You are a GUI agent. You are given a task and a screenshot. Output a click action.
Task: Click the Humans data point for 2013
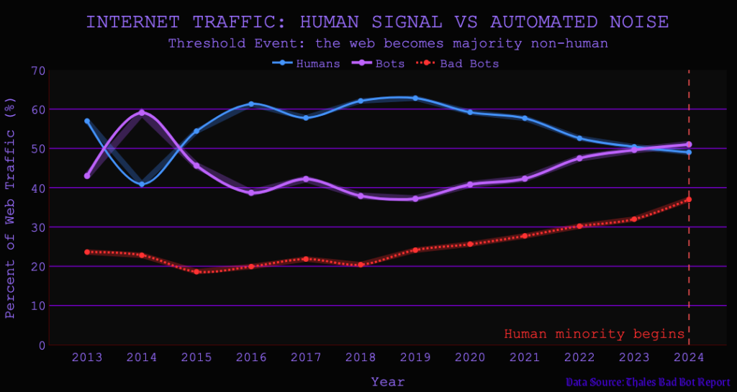tap(87, 121)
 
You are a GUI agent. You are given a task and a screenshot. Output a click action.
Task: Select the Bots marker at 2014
tap(142, 112)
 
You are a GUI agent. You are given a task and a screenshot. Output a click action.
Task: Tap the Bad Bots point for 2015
tap(196, 272)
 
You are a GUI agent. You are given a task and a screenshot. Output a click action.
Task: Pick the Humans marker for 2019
tap(415, 98)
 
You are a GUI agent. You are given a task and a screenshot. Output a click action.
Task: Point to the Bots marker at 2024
tap(689, 145)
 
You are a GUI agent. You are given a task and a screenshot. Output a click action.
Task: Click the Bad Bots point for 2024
tap(689, 199)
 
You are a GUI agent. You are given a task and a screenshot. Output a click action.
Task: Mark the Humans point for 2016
tap(251, 104)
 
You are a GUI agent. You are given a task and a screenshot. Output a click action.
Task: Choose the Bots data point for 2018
tap(361, 196)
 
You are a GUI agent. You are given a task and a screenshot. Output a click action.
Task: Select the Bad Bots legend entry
tap(458, 63)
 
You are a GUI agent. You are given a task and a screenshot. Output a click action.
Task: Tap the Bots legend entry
tap(379, 63)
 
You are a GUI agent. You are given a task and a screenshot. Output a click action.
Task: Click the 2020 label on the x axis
tap(470, 357)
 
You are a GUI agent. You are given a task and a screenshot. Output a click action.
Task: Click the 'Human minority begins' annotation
tap(594, 334)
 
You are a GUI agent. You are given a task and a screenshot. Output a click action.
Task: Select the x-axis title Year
tap(388, 381)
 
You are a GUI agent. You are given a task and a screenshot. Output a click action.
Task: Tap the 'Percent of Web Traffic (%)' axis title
tap(10, 208)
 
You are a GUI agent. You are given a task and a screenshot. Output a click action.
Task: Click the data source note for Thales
tap(647, 382)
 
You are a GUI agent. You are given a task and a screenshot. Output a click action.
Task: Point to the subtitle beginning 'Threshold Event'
tap(388, 43)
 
